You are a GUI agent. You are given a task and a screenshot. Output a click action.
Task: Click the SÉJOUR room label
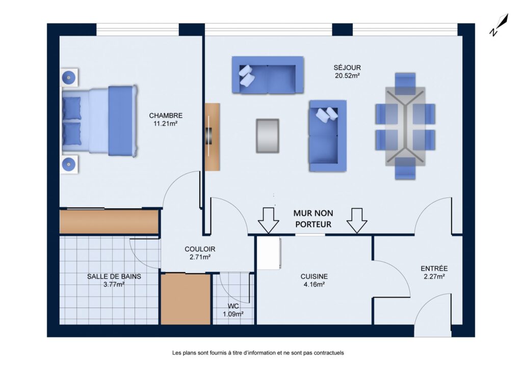pyautogui.click(x=347, y=71)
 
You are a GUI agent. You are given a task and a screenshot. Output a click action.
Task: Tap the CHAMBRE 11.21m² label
pyautogui.click(x=166, y=120)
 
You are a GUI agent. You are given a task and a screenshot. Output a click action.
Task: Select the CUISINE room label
pyautogui.click(x=314, y=280)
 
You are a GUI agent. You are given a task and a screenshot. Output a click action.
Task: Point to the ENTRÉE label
pyautogui.click(x=434, y=272)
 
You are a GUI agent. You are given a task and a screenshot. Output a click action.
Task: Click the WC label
pyautogui.click(x=233, y=310)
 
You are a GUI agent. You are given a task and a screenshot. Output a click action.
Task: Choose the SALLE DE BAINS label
pyautogui.click(x=114, y=280)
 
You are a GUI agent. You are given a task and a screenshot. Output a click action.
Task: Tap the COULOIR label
pyautogui.click(x=200, y=252)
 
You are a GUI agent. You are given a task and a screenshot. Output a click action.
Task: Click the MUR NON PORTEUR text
pyautogui.click(x=314, y=218)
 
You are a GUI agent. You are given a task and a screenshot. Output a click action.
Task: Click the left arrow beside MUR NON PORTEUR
pyautogui.click(x=268, y=220)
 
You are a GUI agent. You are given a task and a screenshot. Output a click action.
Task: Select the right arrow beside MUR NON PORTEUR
pyautogui.click(x=357, y=220)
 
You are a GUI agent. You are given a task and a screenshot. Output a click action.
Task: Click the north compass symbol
pyautogui.click(x=499, y=24)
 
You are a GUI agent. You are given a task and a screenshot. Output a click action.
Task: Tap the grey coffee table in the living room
pyautogui.click(x=267, y=136)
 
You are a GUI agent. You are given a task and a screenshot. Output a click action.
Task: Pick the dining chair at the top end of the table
pyautogui.click(x=405, y=84)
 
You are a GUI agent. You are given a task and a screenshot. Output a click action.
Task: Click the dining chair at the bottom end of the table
pyautogui.click(x=405, y=168)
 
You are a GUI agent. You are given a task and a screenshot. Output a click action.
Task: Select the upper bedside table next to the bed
pyautogui.click(x=69, y=78)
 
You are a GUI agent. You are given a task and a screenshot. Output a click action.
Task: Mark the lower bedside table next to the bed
pyautogui.click(x=69, y=164)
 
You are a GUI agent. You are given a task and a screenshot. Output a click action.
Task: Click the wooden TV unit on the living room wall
pyautogui.click(x=212, y=137)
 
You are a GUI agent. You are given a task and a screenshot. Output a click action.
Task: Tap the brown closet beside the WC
pyautogui.click(x=186, y=299)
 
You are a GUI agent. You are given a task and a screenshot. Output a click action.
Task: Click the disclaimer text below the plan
pyautogui.click(x=258, y=353)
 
